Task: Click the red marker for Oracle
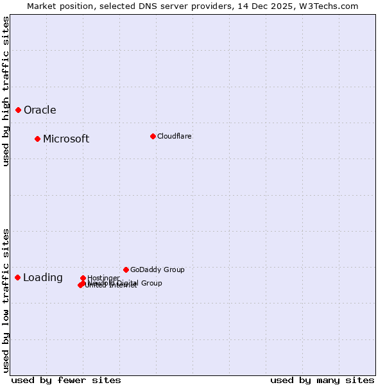[x=18, y=110]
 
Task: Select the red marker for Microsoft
[x=37, y=139]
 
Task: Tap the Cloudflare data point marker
[x=153, y=136]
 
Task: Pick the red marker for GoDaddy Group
[x=126, y=269]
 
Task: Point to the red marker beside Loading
[x=17, y=277]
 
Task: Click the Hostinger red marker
[x=83, y=278]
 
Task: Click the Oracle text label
[x=40, y=110]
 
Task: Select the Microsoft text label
[x=66, y=139]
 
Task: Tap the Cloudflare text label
[x=175, y=136]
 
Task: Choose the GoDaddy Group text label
[x=157, y=270]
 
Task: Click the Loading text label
[x=43, y=278]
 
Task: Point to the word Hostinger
[x=103, y=278]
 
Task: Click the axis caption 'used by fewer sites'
[x=66, y=380]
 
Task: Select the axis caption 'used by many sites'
[x=322, y=380]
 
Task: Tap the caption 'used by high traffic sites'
[x=6, y=91]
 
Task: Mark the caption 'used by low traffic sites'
[x=6, y=300]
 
